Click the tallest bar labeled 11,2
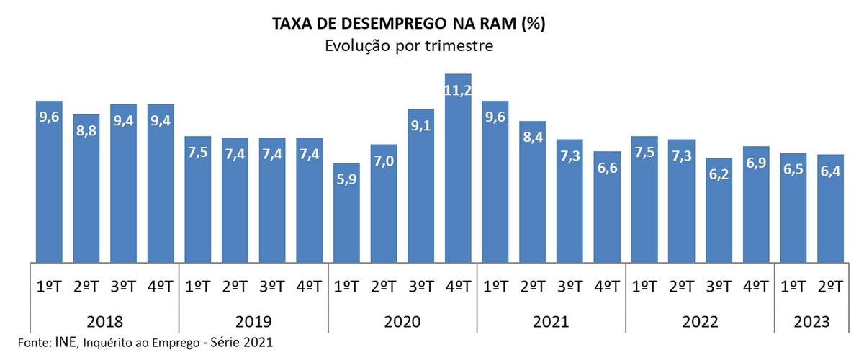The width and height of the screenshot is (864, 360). pyautogui.click(x=458, y=169)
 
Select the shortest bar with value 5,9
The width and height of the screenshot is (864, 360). pyautogui.click(x=346, y=212)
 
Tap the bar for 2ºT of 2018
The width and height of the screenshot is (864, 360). pyautogui.click(x=86, y=187)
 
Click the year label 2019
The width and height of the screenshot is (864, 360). pyautogui.click(x=253, y=321)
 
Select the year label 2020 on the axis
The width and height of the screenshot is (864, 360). pyautogui.click(x=402, y=321)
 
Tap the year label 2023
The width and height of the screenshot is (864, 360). pyautogui.click(x=810, y=321)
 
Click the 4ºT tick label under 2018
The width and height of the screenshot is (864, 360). pyautogui.click(x=161, y=286)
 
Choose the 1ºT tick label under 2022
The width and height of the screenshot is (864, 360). pyautogui.click(x=644, y=286)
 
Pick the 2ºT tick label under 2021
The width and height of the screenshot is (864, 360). pyautogui.click(x=533, y=286)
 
